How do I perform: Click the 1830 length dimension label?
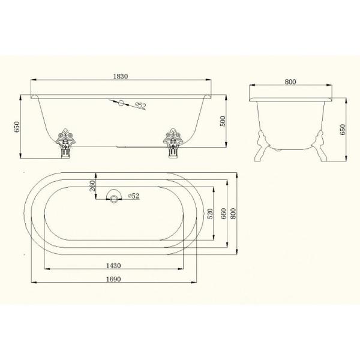pyautogui.click(x=121, y=76)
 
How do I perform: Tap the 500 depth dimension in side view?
pyautogui.click(x=223, y=121)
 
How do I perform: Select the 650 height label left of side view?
pyautogui.click(x=17, y=127)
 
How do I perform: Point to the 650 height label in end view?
pyautogui.click(x=343, y=130)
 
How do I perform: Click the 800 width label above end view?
pyautogui.click(x=290, y=82)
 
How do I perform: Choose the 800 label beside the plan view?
pyautogui.click(x=233, y=214)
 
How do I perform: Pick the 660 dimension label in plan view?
pyautogui.click(x=223, y=214)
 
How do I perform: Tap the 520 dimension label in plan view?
pyautogui.click(x=210, y=214)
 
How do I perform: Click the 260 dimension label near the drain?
pyautogui.click(x=92, y=186)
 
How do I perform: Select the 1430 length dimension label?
pyautogui.click(x=113, y=266)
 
